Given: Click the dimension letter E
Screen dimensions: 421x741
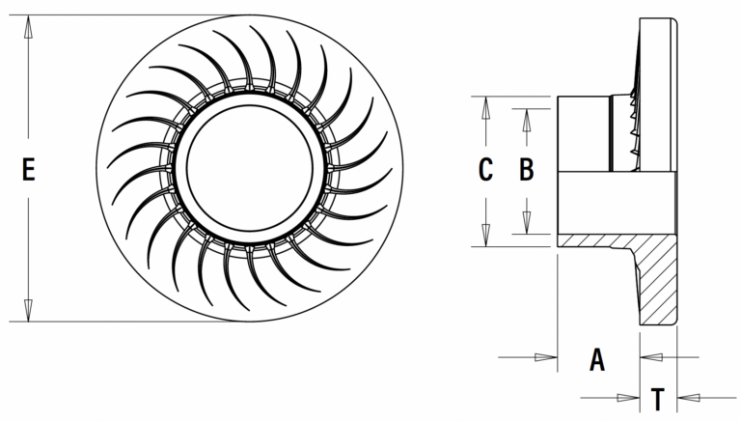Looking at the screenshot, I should pyautogui.click(x=28, y=171).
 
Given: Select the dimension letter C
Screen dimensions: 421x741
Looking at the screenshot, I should pyautogui.click(x=486, y=170).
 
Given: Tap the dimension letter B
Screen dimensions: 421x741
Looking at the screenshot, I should pyautogui.click(x=526, y=170).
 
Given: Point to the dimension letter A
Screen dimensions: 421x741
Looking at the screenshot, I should pyautogui.click(x=597, y=360).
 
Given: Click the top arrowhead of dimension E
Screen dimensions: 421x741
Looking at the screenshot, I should pyautogui.click(x=29, y=25).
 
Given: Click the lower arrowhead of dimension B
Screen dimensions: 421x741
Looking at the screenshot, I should pyautogui.click(x=526, y=224).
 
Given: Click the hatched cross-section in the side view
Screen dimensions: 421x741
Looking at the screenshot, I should pyautogui.click(x=656, y=280).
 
